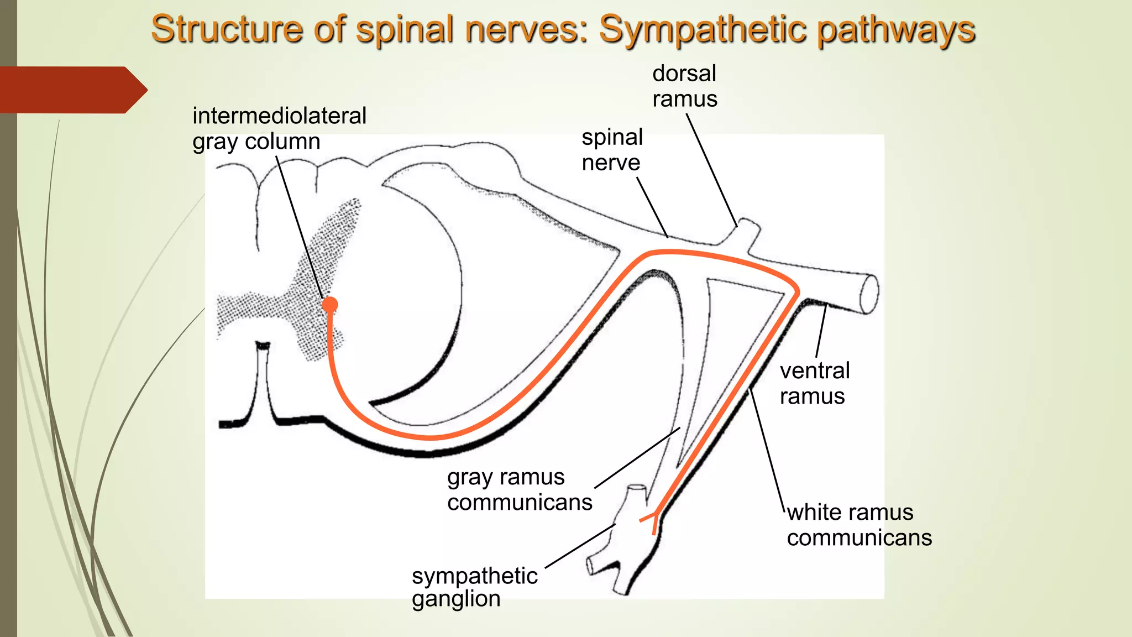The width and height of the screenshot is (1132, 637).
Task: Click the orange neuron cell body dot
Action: click(330, 305)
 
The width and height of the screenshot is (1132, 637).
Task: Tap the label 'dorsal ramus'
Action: click(684, 86)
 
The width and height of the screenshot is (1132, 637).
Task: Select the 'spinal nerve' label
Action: click(612, 150)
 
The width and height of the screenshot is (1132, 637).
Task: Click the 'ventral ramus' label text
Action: click(814, 383)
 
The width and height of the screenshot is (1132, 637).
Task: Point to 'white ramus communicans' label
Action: click(859, 525)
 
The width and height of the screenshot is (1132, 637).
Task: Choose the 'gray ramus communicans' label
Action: click(519, 489)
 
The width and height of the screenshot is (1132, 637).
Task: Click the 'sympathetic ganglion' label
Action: click(474, 587)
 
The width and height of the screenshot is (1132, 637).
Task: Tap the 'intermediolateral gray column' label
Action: click(279, 128)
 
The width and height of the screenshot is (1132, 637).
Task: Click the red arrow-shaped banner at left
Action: click(72, 90)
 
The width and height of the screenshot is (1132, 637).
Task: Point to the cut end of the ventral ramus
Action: click(868, 294)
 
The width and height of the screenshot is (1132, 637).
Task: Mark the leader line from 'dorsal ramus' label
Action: click(712, 169)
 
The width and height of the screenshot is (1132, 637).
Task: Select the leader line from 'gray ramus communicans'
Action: click(637, 458)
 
